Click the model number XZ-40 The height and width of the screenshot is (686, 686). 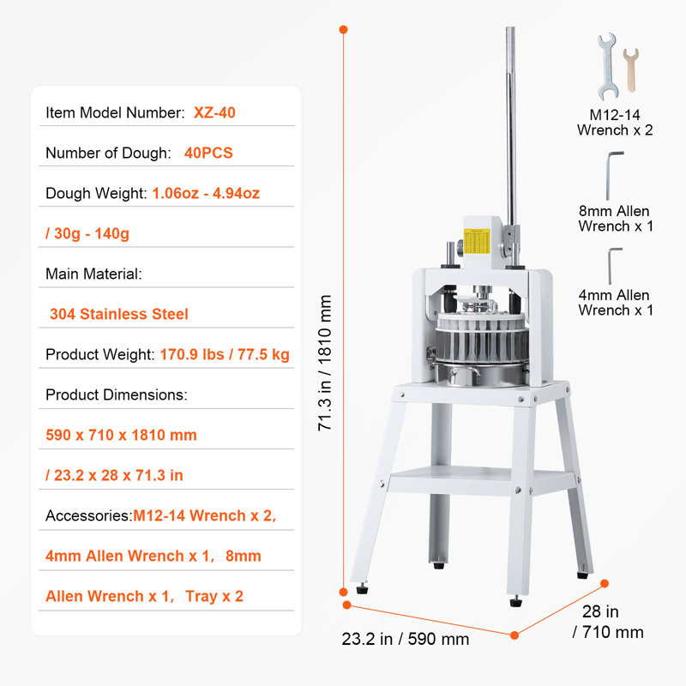pyautogui.click(x=214, y=112)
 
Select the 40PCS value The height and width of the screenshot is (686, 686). pyautogui.click(x=208, y=153)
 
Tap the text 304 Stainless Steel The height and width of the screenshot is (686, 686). pyautogui.click(x=119, y=314)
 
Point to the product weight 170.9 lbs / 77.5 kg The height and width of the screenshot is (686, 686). pyautogui.click(x=225, y=354)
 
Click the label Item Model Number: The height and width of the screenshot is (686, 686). pyautogui.click(x=116, y=112)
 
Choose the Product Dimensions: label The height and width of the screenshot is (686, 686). pyautogui.click(x=117, y=394)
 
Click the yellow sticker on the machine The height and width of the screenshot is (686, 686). pyautogui.click(x=477, y=241)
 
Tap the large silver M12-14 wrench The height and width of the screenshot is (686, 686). pyautogui.click(x=608, y=67)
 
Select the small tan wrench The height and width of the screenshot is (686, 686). pyautogui.click(x=630, y=70)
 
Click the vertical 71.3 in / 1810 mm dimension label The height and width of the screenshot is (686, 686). pyautogui.click(x=325, y=363)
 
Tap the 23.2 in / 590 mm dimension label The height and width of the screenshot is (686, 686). pyautogui.click(x=405, y=639)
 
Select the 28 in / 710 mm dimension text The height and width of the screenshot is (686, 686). pyautogui.click(x=607, y=622)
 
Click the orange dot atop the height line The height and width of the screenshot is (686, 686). pyautogui.click(x=344, y=29)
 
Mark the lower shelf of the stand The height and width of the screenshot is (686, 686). pyautogui.click(x=481, y=480)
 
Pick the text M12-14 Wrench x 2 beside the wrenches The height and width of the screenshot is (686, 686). pyautogui.click(x=615, y=123)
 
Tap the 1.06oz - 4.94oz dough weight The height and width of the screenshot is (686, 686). pyautogui.click(x=206, y=193)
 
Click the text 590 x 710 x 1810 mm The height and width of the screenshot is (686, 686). pyautogui.click(x=121, y=435)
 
